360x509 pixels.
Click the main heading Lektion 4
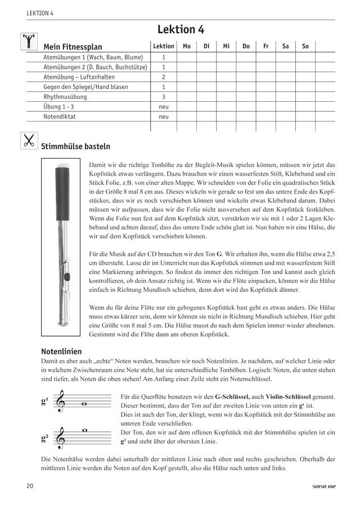(x=180, y=30)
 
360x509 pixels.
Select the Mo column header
(x=186, y=47)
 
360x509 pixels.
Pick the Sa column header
(x=285, y=47)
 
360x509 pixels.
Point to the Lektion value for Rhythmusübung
(x=164, y=97)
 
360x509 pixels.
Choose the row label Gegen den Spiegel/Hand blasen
(x=85, y=87)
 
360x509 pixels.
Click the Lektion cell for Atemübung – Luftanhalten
(x=164, y=77)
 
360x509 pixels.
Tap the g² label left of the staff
(x=44, y=437)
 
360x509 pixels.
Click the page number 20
(x=29, y=485)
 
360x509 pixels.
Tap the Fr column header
(x=265, y=47)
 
